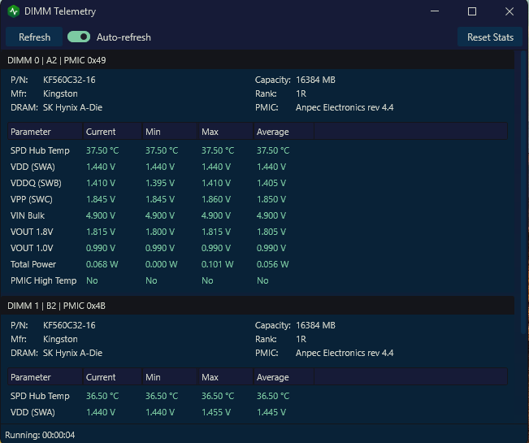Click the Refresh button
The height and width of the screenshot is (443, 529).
point(34,37)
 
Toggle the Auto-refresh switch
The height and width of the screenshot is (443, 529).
point(79,37)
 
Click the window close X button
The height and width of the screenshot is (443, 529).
point(509,11)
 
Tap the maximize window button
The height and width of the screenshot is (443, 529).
point(472,11)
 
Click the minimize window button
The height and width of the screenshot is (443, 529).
point(435,11)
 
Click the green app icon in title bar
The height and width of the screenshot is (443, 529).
point(14,11)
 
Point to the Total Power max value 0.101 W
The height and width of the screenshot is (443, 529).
point(217,264)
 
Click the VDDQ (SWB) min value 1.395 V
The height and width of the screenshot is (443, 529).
point(160,183)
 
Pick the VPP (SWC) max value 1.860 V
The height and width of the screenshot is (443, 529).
point(216,199)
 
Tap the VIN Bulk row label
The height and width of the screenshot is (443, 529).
point(28,215)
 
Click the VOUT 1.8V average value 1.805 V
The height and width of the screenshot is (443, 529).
point(271,232)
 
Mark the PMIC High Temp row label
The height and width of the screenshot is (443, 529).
point(44,280)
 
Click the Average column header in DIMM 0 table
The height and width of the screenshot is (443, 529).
point(272,132)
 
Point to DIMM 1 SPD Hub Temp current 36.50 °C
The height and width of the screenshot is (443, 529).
point(102,396)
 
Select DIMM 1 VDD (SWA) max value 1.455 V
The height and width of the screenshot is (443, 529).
point(216,412)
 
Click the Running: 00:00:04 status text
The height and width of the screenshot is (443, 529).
point(40,435)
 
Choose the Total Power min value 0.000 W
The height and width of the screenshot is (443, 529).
point(161,264)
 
